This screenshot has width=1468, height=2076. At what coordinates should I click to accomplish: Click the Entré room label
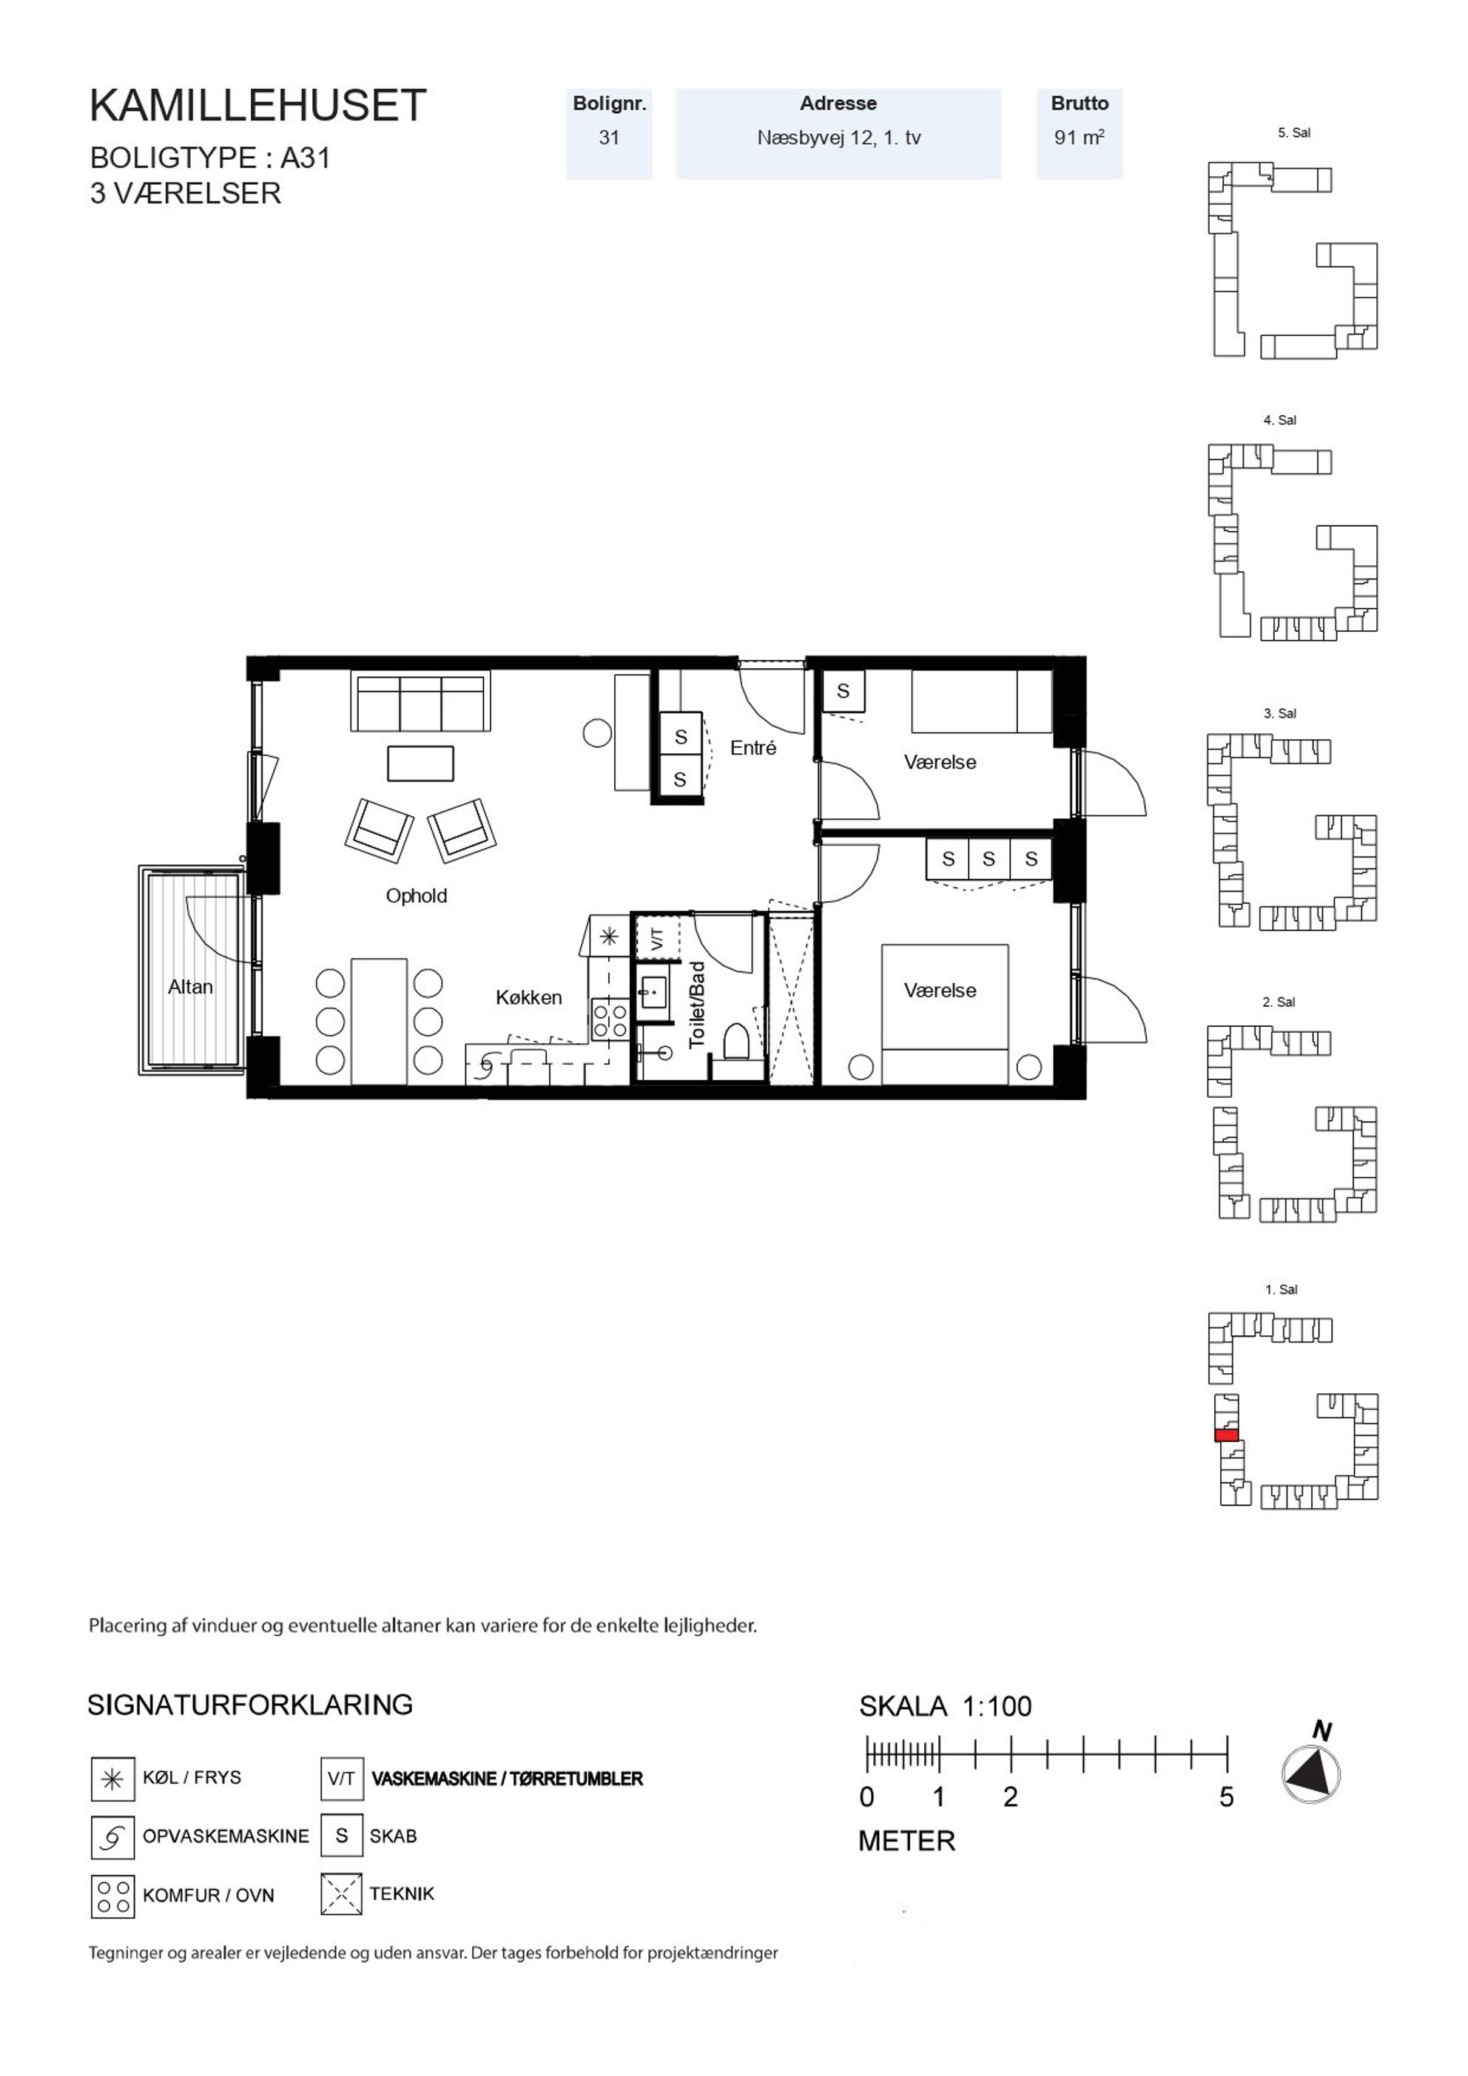752,748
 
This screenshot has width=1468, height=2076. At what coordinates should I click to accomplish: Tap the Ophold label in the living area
416,895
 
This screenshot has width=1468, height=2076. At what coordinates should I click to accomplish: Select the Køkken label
528,997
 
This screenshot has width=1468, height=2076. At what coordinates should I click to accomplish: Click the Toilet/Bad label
696,1005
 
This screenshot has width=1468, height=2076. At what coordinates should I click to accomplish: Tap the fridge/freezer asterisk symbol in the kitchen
609,937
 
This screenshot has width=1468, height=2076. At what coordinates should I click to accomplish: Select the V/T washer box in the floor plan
658,939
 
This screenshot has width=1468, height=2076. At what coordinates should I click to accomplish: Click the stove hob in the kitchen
610,1019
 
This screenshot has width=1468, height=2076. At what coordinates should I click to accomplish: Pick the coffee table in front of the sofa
420,763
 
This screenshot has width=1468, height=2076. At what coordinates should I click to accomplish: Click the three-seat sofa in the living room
420,701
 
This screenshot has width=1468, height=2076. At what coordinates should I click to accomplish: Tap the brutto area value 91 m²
1079,138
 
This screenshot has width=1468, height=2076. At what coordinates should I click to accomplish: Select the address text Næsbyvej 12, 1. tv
838,138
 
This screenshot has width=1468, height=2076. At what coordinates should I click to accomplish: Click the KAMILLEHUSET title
257,106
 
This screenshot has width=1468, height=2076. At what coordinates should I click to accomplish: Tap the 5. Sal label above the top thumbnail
1293,133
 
